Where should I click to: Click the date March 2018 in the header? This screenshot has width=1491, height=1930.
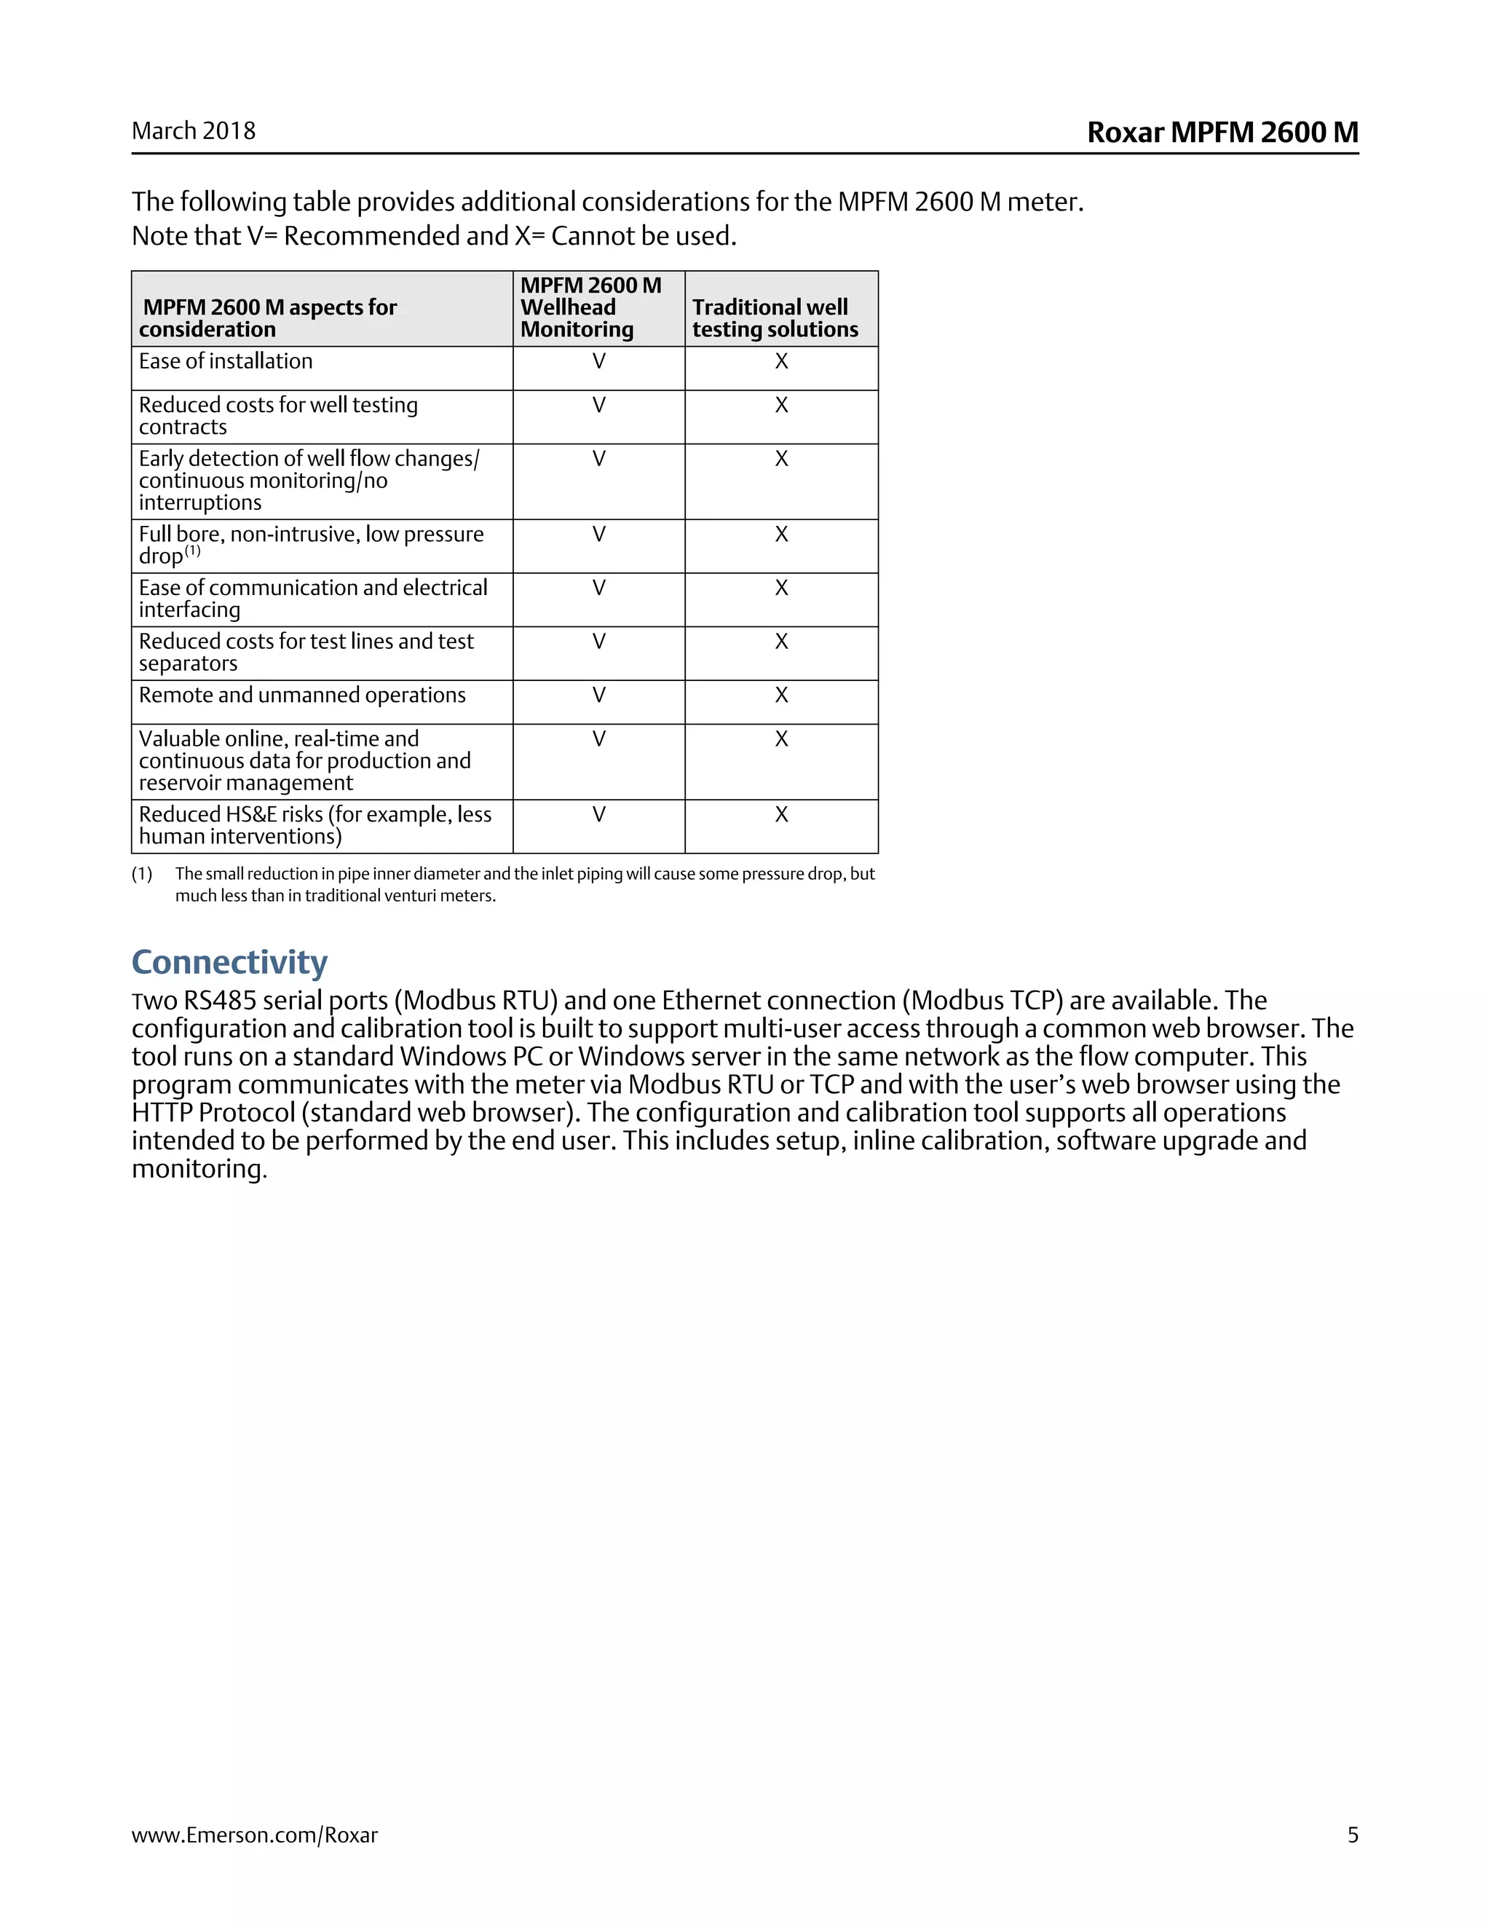(x=194, y=132)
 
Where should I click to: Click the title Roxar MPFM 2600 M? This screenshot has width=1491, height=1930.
(x=1222, y=133)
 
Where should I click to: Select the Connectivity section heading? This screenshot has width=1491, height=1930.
(x=229, y=962)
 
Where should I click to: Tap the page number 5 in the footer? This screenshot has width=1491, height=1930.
(x=1353, y=1835)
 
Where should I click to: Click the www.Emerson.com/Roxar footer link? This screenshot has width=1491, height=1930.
(x=254, y=1835)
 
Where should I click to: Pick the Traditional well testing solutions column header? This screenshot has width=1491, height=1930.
(x=775, y=318)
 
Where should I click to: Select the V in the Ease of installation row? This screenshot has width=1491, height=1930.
(x=599, y=361)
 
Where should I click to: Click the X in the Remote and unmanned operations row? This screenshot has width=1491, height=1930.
(x=782, y=696)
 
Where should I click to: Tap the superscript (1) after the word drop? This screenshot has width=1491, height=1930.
(x=192, y=551)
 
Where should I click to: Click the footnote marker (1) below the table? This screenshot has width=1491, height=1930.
(x=142, y=874)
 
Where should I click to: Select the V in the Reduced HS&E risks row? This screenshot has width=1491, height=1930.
(x=599, y=815)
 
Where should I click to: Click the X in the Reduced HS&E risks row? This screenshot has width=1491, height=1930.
(x=782, y=815)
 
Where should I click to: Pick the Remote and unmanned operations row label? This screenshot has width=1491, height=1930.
(x=302, y=696)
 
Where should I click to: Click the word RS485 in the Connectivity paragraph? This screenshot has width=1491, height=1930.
(x=220, y=1001)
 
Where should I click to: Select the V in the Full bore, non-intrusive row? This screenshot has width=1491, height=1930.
(x=599, y=535)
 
